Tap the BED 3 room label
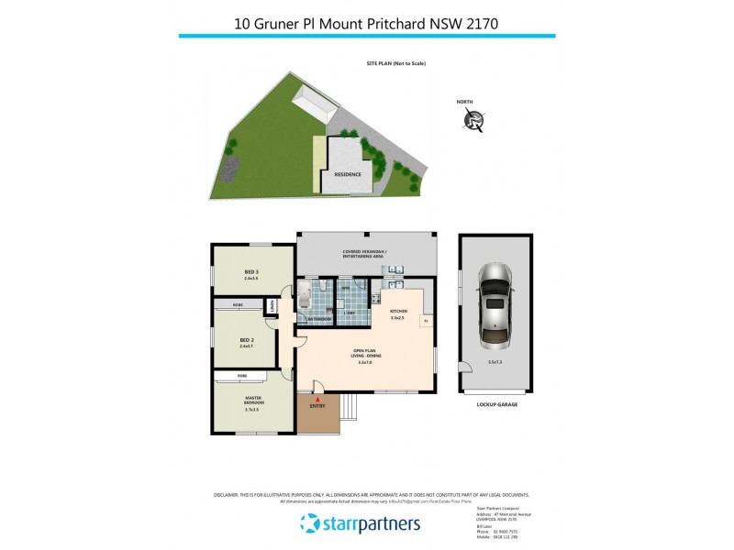[x=250, y=273]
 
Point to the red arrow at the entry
[x=317, y=401]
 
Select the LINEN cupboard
[x=272, y=307]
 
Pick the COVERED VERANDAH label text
[x=364, y=253]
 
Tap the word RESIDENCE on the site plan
[x=347, y=174]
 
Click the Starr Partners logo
[x=360, y=523]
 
